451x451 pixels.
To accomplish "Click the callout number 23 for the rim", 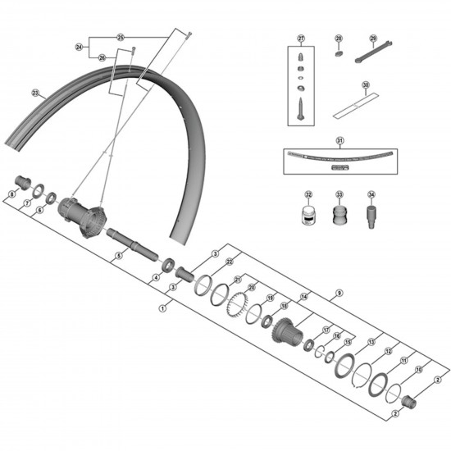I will click(x=35, y=92).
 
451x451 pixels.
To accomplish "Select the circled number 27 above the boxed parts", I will click(x=301, y=39).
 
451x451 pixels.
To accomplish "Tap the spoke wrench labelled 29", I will click(x=371, y=57).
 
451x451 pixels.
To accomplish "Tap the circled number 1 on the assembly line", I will click(x=163, y=308).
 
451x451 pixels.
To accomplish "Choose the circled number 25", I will click(x=121, y=38).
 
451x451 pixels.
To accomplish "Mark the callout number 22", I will click(x=230, y=262).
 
